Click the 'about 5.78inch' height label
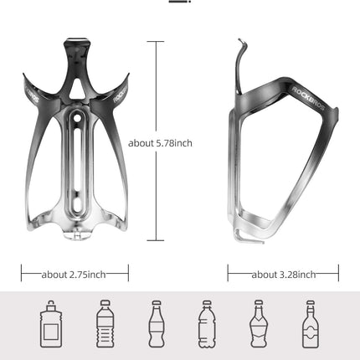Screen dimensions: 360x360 click(x=161, y=143)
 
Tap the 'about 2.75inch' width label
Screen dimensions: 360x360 click(x=75, y=274)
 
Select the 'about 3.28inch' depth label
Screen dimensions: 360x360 click(x=283, y=274)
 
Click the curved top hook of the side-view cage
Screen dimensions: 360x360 click(x=241, y=46)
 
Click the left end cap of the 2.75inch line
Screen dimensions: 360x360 click(x=22, y=274)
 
